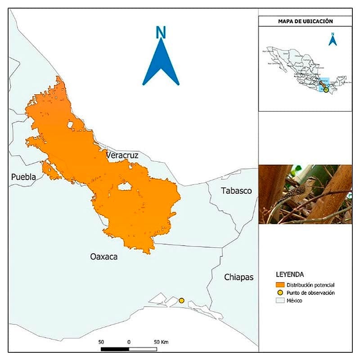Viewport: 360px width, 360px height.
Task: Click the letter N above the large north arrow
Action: click(161, 32)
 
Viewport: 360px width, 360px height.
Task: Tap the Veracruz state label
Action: click(122, 155)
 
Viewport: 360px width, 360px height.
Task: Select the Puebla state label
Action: click(23, 177)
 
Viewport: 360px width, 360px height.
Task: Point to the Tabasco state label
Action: click(236, 191)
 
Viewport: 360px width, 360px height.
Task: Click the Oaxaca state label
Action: click(103, 257)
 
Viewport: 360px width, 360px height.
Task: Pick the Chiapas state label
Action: click(239, 277)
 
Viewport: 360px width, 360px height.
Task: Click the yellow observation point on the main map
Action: click(182, 300)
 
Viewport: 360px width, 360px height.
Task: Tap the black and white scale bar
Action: click(129, 349)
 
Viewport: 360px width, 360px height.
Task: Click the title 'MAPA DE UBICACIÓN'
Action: click(305, 21)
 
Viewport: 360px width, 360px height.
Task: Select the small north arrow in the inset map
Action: click(333, 40)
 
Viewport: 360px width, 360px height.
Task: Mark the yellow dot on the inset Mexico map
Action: click(326, 90)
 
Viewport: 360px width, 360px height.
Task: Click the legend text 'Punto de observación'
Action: click(310, 293)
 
